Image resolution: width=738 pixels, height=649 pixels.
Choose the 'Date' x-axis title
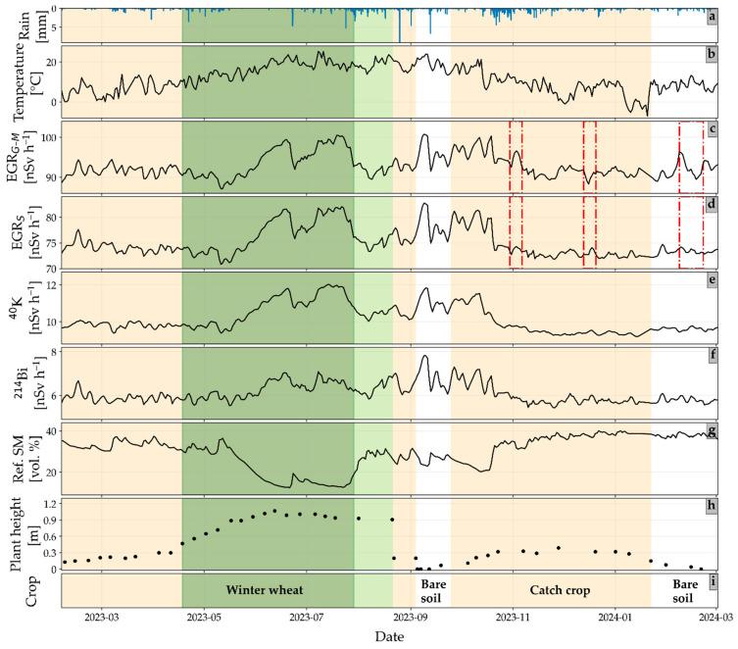(x=390, y=635)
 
